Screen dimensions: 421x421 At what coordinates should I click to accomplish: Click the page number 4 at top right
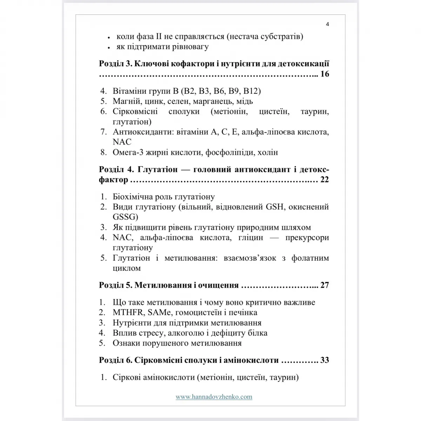tap(327, 24)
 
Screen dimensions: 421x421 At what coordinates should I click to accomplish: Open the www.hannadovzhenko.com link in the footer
tap(214, 397)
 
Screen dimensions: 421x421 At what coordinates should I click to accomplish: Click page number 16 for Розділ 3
tap(325, 74)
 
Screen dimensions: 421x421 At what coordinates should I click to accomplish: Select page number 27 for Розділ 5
tap(325, 285)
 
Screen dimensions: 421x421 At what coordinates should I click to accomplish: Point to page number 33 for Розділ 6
tap(325, 360)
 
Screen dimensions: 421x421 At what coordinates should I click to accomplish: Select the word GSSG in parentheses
tap(125, 216)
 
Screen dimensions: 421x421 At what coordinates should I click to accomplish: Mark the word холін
tap(267, 152)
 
